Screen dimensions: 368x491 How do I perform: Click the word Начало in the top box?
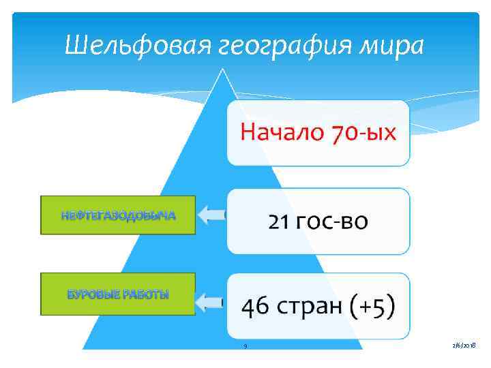point(280,132)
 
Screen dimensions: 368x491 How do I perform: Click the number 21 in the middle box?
point(280,221)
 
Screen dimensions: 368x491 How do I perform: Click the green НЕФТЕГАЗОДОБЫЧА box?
point(118,215)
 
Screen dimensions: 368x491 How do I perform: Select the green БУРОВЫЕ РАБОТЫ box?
point(118,294)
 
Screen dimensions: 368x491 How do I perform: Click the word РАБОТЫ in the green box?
point(145,294)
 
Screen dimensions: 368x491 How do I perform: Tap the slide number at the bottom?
point(245,346)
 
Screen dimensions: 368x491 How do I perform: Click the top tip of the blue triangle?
point(222,68)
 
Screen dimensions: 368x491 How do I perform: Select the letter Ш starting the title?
point(73,46)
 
